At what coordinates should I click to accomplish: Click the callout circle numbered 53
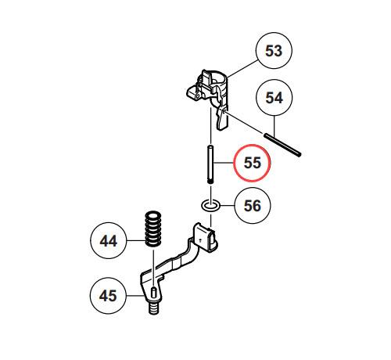coord(274,51)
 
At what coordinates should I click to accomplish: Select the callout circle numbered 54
coord(274,98)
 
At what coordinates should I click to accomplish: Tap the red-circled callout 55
coord(252,163)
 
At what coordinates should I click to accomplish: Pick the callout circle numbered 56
coord(253,206)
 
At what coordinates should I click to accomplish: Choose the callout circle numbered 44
coord(109,240)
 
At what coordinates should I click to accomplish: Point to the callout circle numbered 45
coord(108,296)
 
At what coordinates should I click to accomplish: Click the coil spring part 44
coord(152,229)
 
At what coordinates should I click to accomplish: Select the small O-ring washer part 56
coord(210,205)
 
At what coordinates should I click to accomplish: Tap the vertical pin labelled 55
coord(210,165)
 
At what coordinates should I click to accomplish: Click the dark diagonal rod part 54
coord(282,145)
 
